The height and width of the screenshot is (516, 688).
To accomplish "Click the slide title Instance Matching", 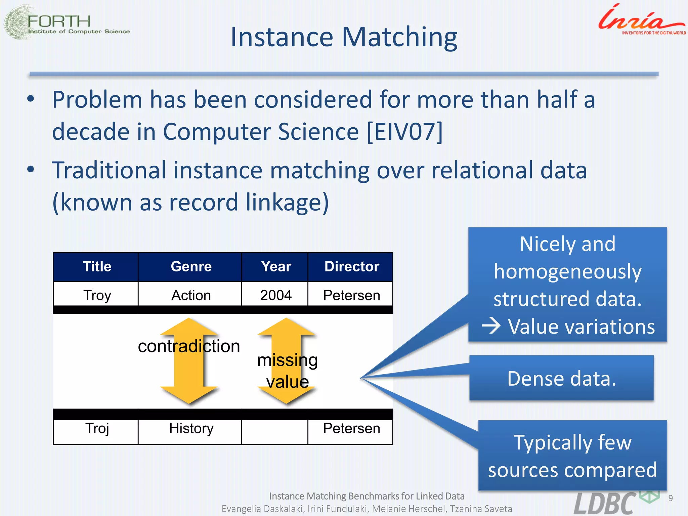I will pyautogui.click(x=344, y=37).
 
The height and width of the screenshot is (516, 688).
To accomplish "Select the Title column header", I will pyautogui.click(x=97, y=267).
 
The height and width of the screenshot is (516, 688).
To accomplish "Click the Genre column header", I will pyautogui.click(x=191, y=267).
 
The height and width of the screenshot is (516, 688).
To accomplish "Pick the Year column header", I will pyautogui.click(x=276, y=267).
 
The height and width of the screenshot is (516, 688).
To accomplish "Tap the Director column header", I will pyautogui.click(x=351, y=267).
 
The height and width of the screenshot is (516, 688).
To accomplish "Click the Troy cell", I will pyautogui.click(x=97, y=295).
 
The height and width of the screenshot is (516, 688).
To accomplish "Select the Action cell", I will pyautogui.click(x=191, y=295).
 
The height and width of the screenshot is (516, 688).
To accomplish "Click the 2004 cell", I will pyautogui.click(x=276, y=295).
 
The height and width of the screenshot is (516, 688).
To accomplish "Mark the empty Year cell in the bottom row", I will pyautogui.click(x=275, y=432).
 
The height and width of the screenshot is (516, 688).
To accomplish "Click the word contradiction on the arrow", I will pyautogui.click(x=189, y=346).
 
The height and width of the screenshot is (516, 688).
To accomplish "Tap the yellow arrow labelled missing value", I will pyautogui.click(x=287, y=361).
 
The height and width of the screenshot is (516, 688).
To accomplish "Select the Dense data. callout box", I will pyautogui.click(x=561, y=378).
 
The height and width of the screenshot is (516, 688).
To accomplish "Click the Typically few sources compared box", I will pyautogui.click(x=572, y=456).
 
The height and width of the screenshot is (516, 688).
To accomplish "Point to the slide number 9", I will pyautogui.click(x=670, y=498).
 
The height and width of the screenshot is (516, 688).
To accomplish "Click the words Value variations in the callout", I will pyautogui.click(x=581, y=327).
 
